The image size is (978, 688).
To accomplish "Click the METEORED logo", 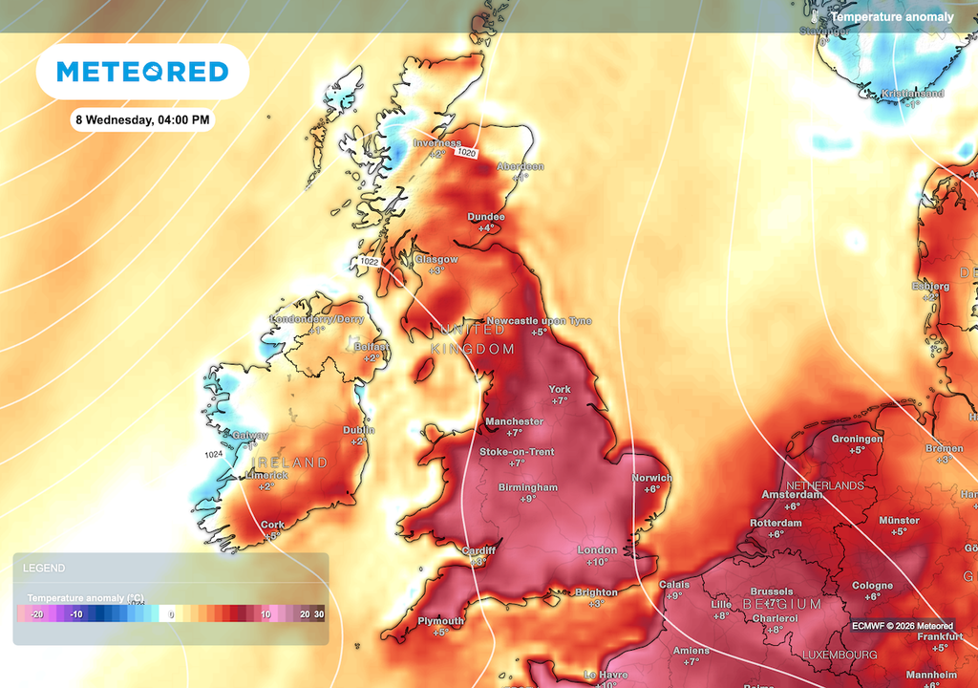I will (142, 72).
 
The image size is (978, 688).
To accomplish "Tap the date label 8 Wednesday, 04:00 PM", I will (142, 120).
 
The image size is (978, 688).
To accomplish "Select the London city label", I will (598, 550).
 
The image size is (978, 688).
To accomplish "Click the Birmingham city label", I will (527, 487).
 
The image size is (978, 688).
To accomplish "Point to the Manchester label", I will (514, 421).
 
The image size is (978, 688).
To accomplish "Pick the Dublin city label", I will (358, 430).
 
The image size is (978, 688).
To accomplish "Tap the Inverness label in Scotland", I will (436, 143).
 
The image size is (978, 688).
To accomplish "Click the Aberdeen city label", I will (521, 166).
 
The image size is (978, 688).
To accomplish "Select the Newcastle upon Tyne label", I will (539, 321).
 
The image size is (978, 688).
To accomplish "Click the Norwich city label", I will (651, 478).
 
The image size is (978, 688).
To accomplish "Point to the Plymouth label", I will (440, 621).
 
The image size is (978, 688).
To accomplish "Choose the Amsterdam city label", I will (792, 494).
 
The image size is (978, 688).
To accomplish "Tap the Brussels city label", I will (772, 591).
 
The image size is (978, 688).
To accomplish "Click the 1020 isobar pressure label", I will (467, 153).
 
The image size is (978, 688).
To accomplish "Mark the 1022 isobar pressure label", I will (370, 261).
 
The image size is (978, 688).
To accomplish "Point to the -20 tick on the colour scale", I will (36, 613).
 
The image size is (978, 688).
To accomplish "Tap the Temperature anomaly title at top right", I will (891, 17).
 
